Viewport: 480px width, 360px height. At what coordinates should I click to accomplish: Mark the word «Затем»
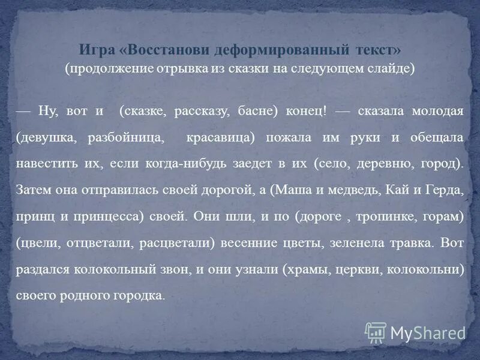(35, 190)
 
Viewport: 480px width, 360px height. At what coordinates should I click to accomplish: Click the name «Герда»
(443, 190)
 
